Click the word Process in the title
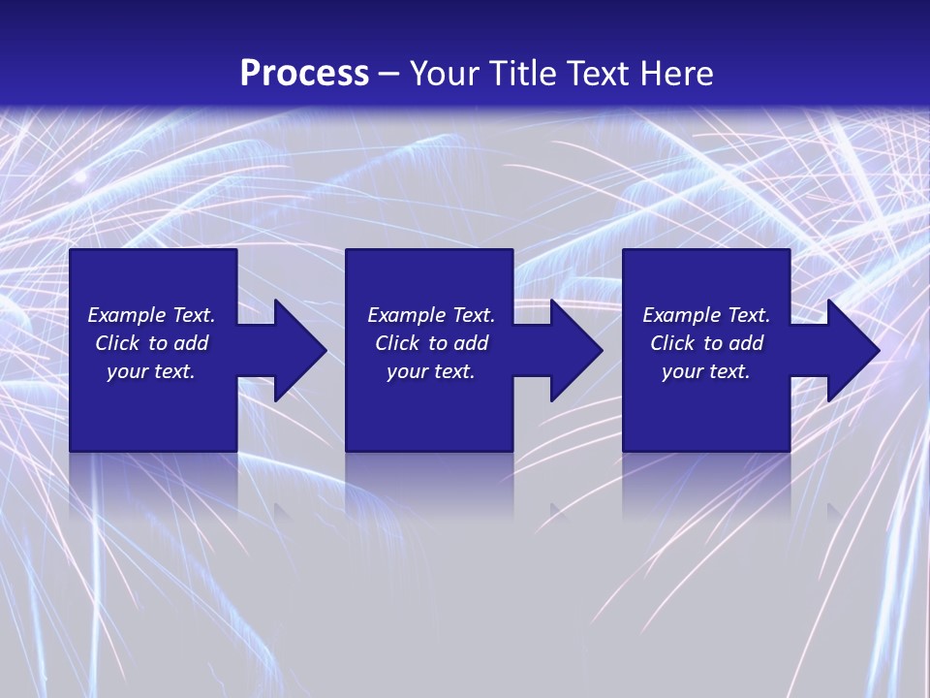click(x=304, y=74)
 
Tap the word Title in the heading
click(x=520, y=74)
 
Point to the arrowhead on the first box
click(x=299, y=350)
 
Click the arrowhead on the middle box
click(x=575, y=350)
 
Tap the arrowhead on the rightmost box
click(x=852, y=350)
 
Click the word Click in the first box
click(x=117, y=343)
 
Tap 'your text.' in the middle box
click(x=430, y=372)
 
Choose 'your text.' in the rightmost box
click(x=705, y=372)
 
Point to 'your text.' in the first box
click(x=150, y=372)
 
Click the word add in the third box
click(x=746, y=343)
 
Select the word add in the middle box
click(x=471, y=343)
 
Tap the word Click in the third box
click(x=672, y=343)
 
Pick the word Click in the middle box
click(x=397, y=343)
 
